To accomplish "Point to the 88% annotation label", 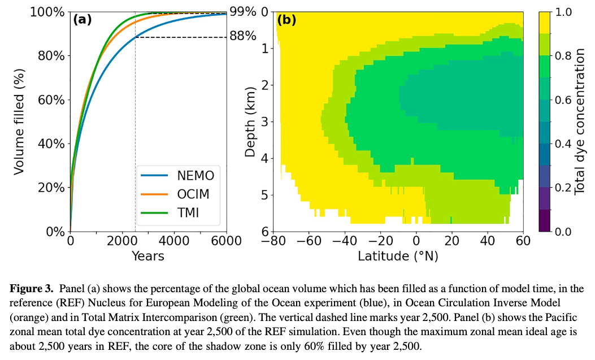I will [243, 37].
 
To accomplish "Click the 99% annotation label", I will [243, 12].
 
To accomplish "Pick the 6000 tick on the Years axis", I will [226, 241].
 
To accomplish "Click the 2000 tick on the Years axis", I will [122, 241].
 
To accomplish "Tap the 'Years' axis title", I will [147, 256].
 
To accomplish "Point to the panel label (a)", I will [82, 20].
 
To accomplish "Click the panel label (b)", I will [286, 20].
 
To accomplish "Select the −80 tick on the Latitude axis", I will [273, 241].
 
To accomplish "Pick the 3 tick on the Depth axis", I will [264, 122].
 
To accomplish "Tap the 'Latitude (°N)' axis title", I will [398, 256].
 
